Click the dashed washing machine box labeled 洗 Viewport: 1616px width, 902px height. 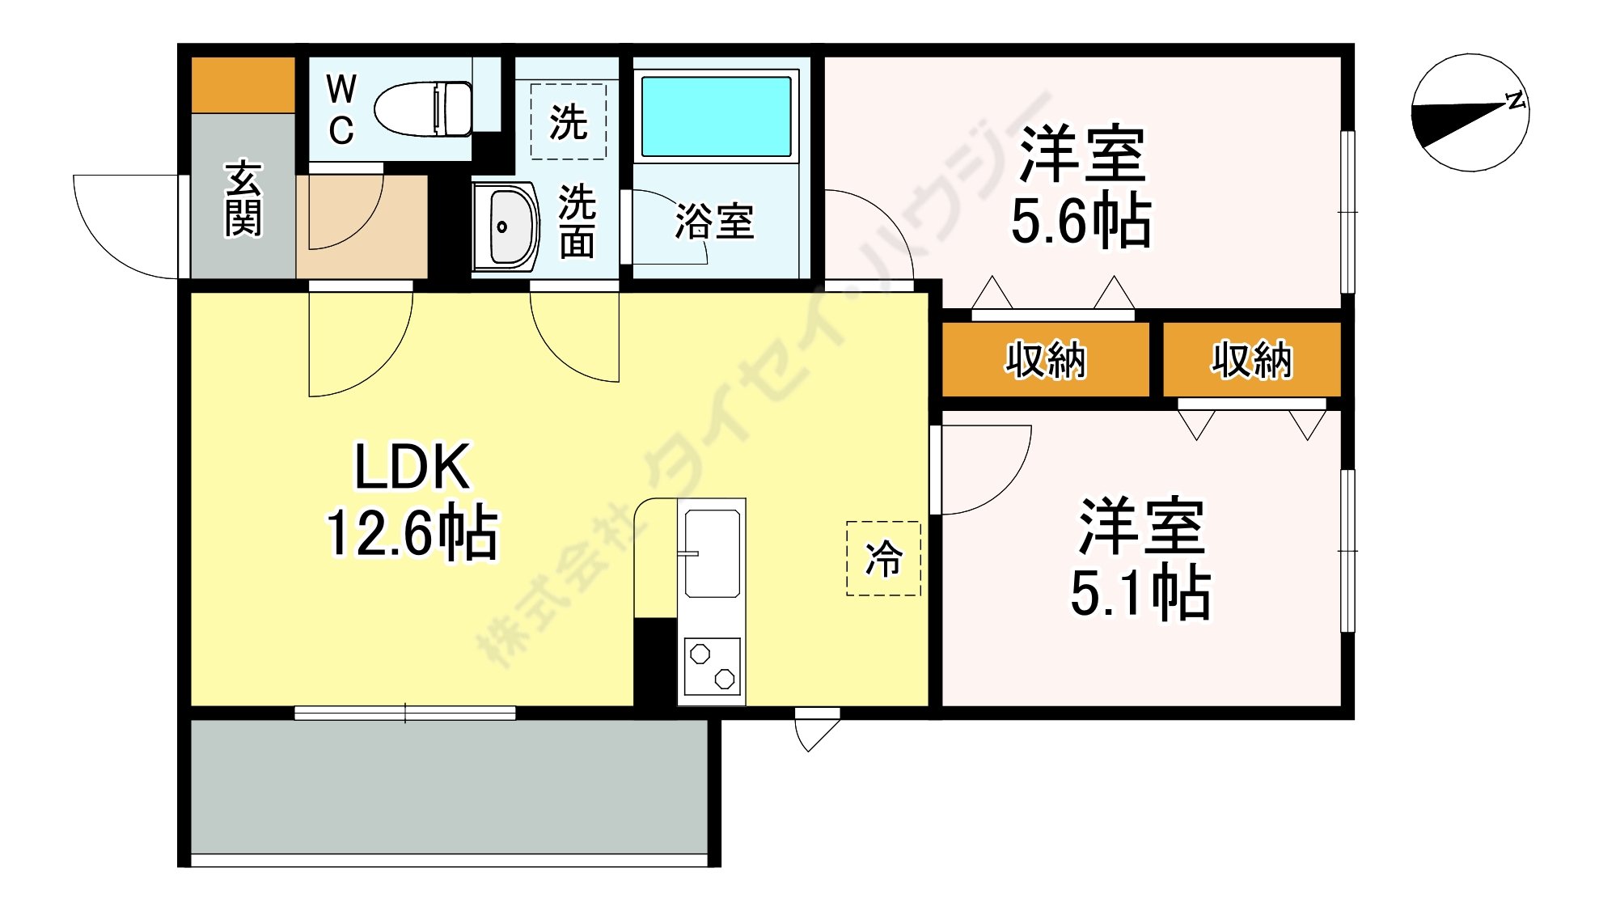[x=568, y=121]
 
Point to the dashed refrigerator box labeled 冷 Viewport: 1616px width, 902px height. [x=883, y=558]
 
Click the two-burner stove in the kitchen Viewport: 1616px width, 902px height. [x=713, y=666]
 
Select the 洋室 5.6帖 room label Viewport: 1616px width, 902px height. [x=1081, y=186]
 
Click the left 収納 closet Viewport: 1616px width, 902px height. [x=1045, y=359]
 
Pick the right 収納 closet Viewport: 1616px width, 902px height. [x=1251, y=359]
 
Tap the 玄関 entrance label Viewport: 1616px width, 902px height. [x=243, y=199]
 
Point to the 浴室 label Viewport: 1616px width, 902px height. [x=714, y=221]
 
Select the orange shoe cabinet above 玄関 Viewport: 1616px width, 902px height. [x=243, y=85]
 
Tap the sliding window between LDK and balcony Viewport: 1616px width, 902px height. [x=404, y=713]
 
